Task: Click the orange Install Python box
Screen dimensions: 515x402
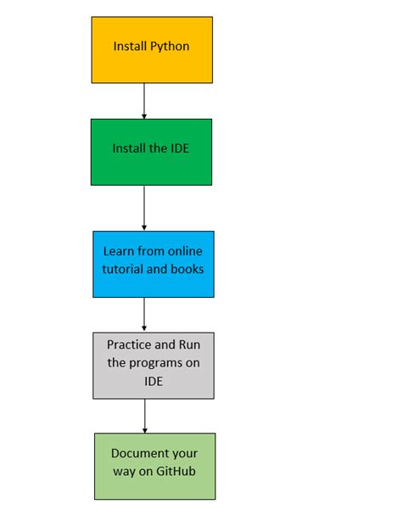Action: pyautogui.click(x=151, y=49)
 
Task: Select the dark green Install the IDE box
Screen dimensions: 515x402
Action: pyautogui.click(x=151, y=151)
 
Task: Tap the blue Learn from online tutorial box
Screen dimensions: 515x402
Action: pyautogui.click(x=154, y=264)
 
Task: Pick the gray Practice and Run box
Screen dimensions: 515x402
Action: pyautogui.click(x=154, y=365)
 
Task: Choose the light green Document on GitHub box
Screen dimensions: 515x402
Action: pyautogui.click(x=154, y=466)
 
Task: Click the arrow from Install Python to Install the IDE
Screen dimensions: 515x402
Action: pyautogui.click(x=144, y=100)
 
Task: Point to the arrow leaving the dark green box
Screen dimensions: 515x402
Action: pyautogui.click(x=144, y=207)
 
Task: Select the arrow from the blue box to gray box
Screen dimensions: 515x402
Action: pyautogui.click(x=144, y=314)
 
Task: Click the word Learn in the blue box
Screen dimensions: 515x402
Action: pyautogui.click(x=118, y=252)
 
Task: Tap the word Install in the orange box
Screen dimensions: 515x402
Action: pyautogui.click(x=131, y=46)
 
